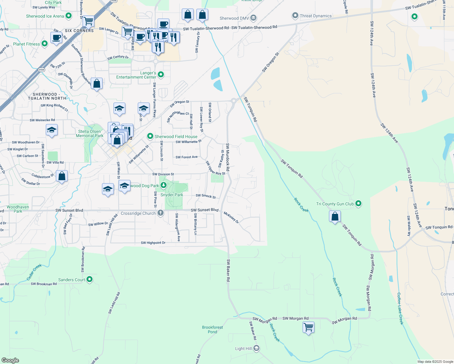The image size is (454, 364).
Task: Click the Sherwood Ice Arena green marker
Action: [69, 16]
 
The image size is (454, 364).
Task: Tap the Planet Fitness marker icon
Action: [45, 44]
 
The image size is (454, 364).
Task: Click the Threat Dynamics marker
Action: [295, 15]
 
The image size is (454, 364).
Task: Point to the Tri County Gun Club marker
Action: [358, 204]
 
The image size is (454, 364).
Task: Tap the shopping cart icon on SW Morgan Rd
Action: [308, 327]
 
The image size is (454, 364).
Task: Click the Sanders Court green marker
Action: [90, 279]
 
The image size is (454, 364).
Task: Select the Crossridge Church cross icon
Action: [161, 213]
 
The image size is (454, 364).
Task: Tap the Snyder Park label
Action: [172, 195]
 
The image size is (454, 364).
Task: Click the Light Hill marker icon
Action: [256, 348]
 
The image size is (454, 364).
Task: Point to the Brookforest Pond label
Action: [212, 329]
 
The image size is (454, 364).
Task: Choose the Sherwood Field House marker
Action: [150, 136]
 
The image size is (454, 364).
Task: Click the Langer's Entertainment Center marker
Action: [161, 74]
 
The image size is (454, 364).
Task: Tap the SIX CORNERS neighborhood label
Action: [79, 31]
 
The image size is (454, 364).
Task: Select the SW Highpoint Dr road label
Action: [153, 243]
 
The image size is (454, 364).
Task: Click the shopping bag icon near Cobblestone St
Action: [62, 176]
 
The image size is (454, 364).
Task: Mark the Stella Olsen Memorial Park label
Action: [90, 133]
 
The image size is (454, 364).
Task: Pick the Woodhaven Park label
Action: [18, 209]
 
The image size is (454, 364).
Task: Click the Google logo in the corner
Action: [10, 360]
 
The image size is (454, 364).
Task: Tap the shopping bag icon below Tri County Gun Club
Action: [335, 217]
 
